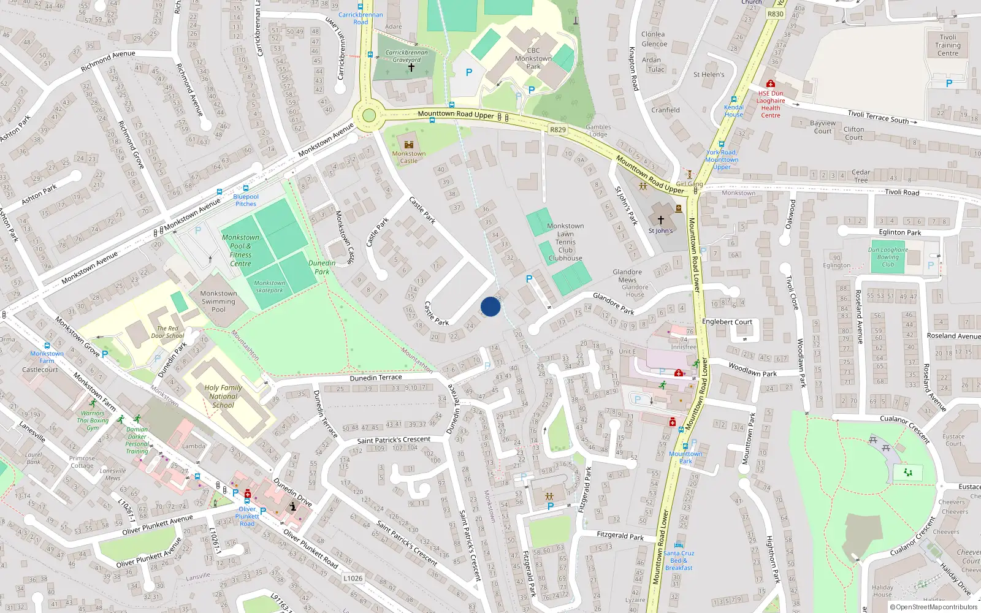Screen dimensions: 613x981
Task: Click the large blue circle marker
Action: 490,306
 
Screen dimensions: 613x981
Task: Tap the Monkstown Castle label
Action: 408,158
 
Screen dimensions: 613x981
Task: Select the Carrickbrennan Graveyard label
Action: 407,56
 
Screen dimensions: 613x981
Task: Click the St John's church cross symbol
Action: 661,219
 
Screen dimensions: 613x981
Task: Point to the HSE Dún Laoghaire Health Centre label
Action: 771,104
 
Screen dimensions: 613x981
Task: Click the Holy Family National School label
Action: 223,396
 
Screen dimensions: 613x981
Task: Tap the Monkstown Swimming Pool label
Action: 218,302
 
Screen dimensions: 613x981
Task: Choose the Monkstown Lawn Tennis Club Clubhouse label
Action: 565,242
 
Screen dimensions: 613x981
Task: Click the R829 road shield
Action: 558,129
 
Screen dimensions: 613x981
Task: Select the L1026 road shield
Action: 353,578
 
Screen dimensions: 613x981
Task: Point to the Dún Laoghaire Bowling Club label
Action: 888,257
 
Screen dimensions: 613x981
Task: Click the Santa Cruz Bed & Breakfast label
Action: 679,560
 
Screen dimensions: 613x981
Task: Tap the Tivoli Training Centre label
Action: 948,45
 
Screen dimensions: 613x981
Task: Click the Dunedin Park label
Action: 322,267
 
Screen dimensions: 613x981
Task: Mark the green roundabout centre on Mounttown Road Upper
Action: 368,115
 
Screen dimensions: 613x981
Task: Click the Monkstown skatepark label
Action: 270,286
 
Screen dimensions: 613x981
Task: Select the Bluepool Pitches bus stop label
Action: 246,200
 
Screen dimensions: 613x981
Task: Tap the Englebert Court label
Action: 727,322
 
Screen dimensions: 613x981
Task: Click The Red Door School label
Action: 167,332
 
